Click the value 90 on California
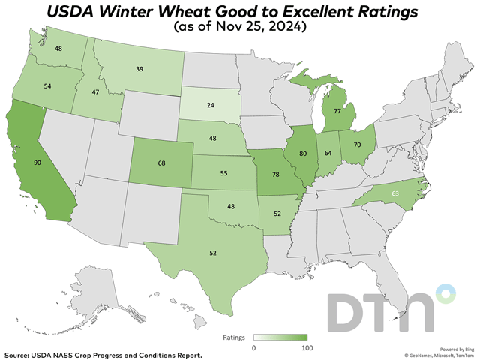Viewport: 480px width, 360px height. [36, 162]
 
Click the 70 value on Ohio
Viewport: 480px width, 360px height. [356, 142]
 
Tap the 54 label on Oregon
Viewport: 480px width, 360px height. [47, 87]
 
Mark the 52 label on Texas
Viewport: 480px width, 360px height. [213, 253]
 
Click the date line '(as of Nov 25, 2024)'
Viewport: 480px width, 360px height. [239, 27]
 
